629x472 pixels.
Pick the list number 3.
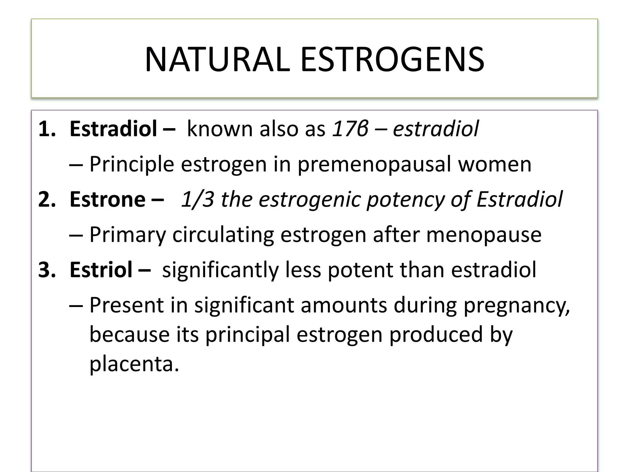(x=47, y=269)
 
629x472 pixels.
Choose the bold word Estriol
(x=101, y=269)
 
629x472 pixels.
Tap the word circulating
(x=223, y=235)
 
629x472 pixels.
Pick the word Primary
(x=127, y=235)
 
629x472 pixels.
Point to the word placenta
(x=134, y=364)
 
